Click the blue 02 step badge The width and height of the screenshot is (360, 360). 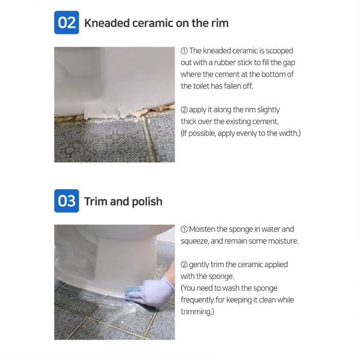[66, 23]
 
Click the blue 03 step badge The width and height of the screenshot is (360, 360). [66, 201]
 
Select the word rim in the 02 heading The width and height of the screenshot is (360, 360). [219, 23]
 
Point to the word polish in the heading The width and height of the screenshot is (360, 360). [146, 201]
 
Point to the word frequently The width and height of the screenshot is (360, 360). [200, 300]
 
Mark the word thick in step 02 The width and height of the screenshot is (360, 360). [190, 121]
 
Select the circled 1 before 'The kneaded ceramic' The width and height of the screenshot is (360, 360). [184, 51]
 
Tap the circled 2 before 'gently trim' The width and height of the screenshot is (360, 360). [184, 264]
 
